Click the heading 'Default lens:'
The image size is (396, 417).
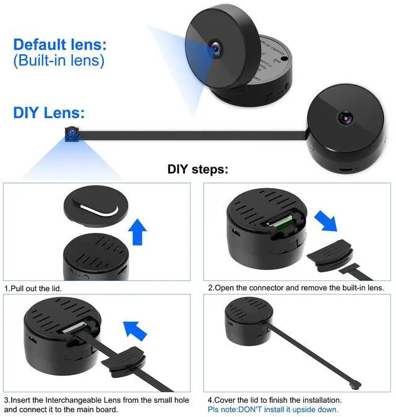pos(60,45)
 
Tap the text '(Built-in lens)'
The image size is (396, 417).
pos(59,61)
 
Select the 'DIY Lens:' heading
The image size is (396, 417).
pos(49,113)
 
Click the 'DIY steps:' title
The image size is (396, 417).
pos(198,169)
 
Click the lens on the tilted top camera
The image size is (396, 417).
pos(216,48)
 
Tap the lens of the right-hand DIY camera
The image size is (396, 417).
pos(345,117)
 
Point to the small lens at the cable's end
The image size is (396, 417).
pos(72,134)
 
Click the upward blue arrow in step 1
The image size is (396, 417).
pos(137,232)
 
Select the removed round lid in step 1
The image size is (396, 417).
pos(96,206)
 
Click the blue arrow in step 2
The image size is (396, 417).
pos(326,221)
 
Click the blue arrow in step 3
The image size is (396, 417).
pos(135,331)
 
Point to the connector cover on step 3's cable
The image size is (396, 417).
pos(123,362)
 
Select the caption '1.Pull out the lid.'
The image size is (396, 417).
pos(33,288)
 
